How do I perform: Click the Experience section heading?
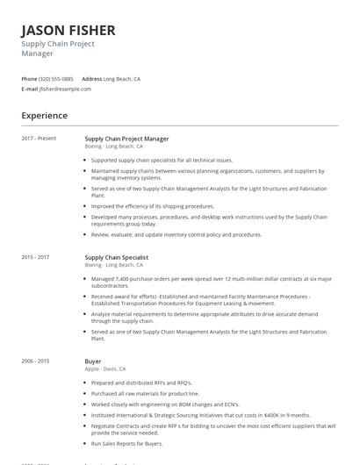(x=44, y=115)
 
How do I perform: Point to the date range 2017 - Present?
(x=39, y=139)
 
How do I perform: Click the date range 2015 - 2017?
(x=36, y=257)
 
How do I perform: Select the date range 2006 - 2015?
(x=36, y=361)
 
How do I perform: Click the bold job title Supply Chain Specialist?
(x=116, y=257)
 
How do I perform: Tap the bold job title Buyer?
(x=92, y=361)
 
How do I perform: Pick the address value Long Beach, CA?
(x=122, y=78)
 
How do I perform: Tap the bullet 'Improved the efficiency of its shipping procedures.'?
(x=165, y=205)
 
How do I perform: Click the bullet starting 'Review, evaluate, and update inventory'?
(x=189, y=235)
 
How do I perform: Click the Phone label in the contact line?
(x=29, y=78)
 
